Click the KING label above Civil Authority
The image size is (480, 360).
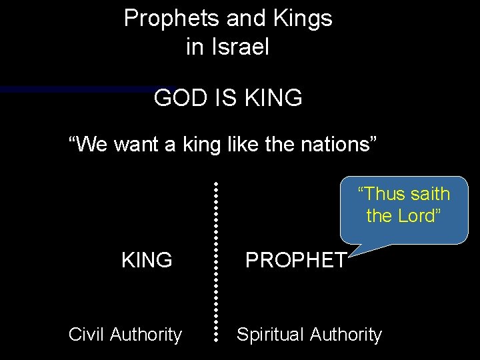click(147, 260)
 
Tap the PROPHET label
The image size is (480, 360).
click(295, 260)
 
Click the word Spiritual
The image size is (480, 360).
click(269, 335)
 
